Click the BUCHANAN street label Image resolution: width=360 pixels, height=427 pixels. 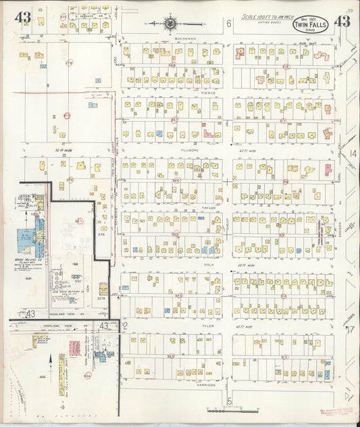pyautogui.click(x=184, y=39)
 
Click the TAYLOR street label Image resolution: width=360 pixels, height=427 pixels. pyautogui.click(x=207, y=207)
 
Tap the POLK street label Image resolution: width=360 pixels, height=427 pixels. pyautogui.click(x=207, y=266)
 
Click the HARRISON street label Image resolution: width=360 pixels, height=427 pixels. pyautogui.click(x=207, y=384)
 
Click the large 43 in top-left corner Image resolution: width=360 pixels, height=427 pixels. pyautogui.click(x=24, y=18)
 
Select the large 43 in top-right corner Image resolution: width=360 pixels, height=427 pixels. pyautogui.click(x=341, y=21)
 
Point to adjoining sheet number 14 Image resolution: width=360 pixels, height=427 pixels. pyautogui.click(x=352, y=154)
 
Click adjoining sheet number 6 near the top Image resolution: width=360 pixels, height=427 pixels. pyautogui.click(x=229, y=24)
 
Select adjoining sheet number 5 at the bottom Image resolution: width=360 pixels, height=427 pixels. pyautogui.click(x=229, y=401)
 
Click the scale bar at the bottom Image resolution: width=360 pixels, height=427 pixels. pyautogui.click(x=231, y=410)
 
